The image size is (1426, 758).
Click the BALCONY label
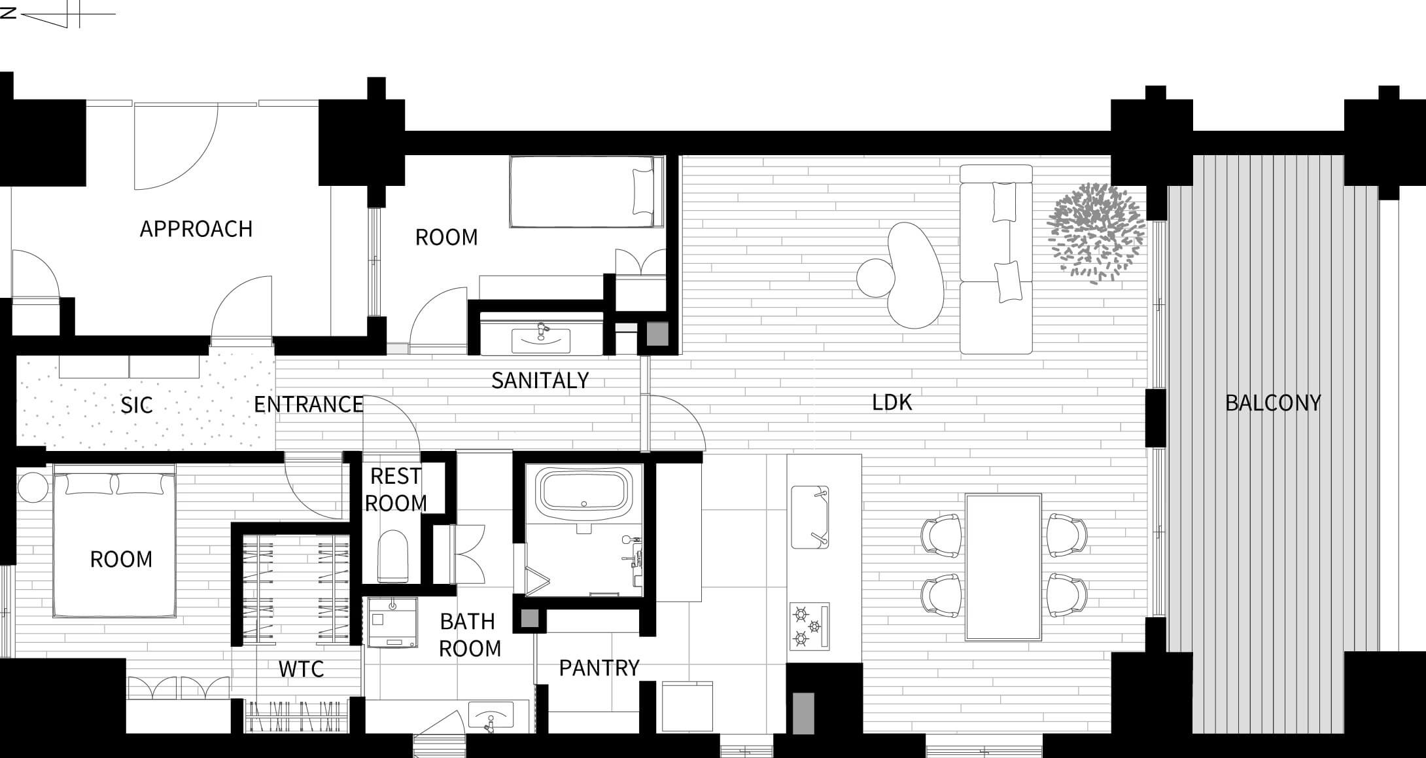click(1273, 403)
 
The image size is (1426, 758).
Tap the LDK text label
click(892, 403)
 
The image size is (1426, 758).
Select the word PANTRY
click(599, 668)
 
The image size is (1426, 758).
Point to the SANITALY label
click(540, 380)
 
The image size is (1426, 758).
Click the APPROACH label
click(196, 229)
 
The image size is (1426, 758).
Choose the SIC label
click(137, 406)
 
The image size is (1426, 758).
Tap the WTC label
click(302, 669)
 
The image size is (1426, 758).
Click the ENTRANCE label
click(309, 405)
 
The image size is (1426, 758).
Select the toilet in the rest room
click(394, 555)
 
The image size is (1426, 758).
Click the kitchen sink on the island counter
click(810, 517)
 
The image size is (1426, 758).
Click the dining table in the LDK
click(1003, 567)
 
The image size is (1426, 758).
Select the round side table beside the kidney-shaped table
click(875, 278)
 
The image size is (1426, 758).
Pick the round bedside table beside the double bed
click(32, 488)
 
